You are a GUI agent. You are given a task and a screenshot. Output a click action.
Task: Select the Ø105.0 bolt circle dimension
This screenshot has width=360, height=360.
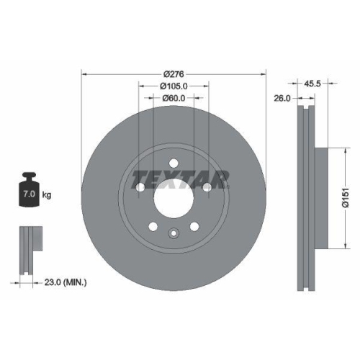[x=173, y=86]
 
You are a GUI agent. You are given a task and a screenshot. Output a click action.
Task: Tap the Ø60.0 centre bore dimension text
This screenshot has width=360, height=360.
[x=173, y=98]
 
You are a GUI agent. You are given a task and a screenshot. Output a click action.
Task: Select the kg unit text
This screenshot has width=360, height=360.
[x=47, y=195]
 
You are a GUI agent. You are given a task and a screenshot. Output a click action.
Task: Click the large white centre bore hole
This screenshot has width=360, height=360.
[x=173, y=195]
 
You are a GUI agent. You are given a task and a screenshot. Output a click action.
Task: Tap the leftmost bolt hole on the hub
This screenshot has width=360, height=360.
[x=139, y=188]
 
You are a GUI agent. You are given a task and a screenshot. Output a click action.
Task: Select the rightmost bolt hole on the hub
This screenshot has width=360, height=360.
[x=207, y=188]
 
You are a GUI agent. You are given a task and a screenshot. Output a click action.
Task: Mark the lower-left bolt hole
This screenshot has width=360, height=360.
[x=153, y=228]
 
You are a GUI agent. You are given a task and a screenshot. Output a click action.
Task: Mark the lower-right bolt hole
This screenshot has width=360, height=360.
[x=194, y=228]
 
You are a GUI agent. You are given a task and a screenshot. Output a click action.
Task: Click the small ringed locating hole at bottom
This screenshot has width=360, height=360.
[x=173, y=233]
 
